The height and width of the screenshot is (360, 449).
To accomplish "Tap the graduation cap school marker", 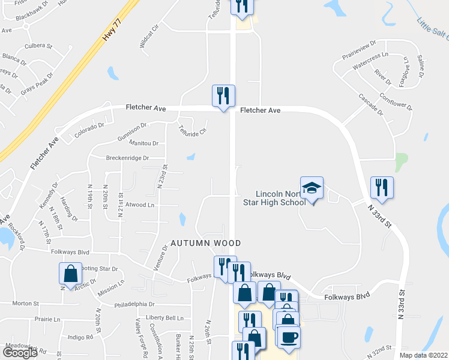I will coord(312,189).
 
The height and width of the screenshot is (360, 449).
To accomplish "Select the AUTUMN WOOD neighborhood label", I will coord(205,243).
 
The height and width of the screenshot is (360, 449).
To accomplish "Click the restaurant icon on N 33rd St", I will coord(382,188).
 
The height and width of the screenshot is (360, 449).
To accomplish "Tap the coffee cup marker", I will coord(288,337).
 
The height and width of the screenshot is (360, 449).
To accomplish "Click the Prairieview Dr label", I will coord(359,48).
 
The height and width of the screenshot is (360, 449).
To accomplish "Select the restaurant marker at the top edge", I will coord(242,6).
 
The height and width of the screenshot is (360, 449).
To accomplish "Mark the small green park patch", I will coord(401,161).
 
